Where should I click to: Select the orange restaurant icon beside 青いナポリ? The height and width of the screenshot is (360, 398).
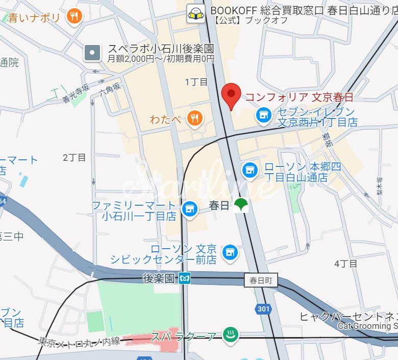point(74,17)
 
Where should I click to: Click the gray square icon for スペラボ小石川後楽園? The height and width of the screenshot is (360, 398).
point(92,52)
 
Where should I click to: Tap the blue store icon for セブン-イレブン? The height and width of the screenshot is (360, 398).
point(263,116)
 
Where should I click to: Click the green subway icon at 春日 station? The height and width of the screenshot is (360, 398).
point(241,206)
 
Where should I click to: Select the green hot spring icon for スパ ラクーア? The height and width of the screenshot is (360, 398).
point(231,335)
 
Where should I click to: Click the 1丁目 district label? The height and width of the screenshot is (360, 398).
point(196,82)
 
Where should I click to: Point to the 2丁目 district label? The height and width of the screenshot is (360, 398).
point(74,157)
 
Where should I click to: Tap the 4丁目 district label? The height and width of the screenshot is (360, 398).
point(345,263)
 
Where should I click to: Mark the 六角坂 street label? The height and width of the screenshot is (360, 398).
point(110,90)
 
